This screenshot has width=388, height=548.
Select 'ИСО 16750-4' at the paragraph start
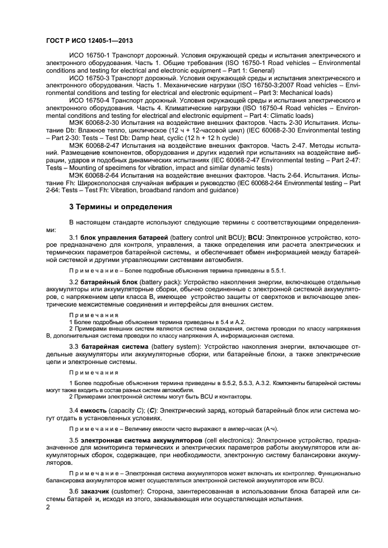87,101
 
